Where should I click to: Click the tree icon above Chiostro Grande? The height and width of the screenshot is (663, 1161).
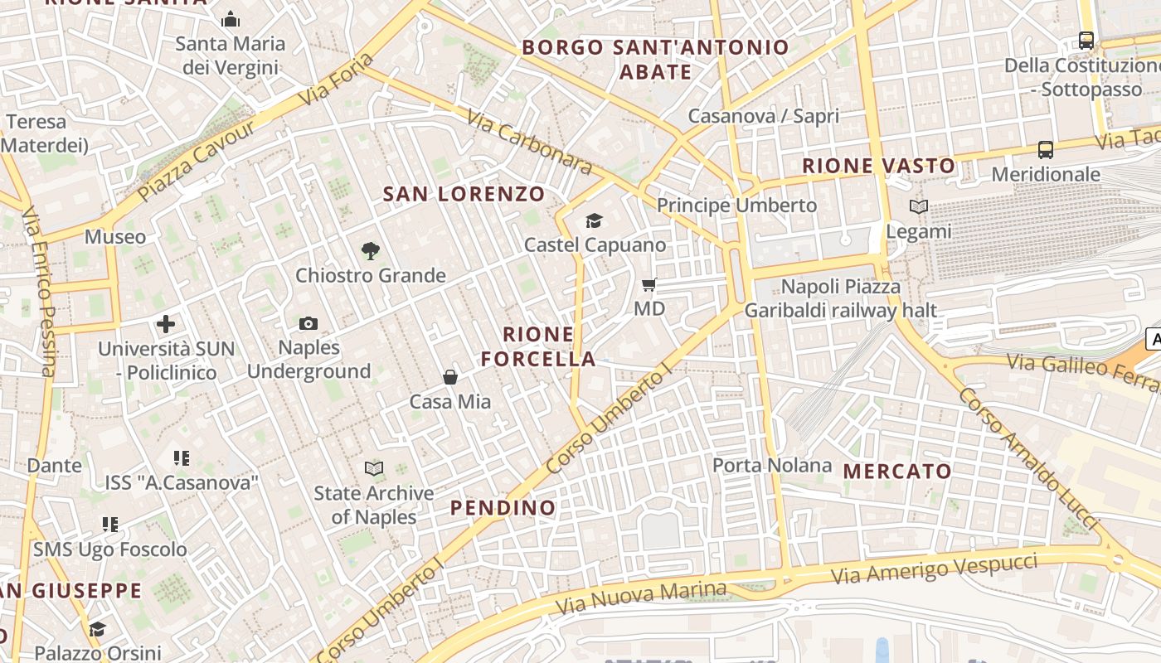point(371,250)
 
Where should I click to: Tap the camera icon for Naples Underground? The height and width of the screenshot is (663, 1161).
point(308,323)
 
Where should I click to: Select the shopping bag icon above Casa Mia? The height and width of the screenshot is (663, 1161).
point(450,377)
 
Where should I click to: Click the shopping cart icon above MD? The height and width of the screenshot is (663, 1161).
point(649,284)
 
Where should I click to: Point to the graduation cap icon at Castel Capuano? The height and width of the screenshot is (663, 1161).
point(595,220)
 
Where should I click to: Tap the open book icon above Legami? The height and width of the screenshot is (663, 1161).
point(919,206)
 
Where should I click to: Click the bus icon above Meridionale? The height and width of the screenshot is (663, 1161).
point(1046,150)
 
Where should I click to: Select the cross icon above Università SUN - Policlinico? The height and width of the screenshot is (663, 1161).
point(166,324)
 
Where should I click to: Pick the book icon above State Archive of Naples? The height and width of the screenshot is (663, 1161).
point(374,468)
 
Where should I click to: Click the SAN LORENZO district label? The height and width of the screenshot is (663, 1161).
point(464,195)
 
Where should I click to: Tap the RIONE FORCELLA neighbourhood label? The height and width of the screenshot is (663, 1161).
point(538,346)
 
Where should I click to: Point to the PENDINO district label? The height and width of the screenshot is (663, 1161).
point(503,507)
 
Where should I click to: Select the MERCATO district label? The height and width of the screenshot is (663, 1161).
point(898,472)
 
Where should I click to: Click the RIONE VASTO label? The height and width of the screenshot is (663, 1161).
point(878,166)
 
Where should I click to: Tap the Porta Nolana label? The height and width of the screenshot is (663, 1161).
point(772,465)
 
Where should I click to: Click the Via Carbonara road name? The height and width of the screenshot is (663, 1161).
point(530,143)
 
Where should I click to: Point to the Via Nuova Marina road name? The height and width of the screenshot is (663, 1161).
point(639,598)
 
